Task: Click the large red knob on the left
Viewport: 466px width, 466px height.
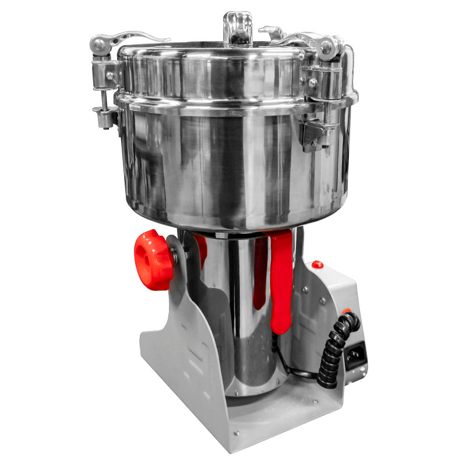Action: (x=153, y=260)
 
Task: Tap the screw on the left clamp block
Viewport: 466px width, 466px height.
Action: (x=110, y=76)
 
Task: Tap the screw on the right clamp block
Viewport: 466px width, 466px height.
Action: (x=313, y=83)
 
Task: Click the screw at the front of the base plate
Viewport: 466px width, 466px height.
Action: (x=236, y=433)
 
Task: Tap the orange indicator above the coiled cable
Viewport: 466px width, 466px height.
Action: (x=347, y=312)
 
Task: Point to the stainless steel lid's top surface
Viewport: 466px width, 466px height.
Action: (x=233, y=50)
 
